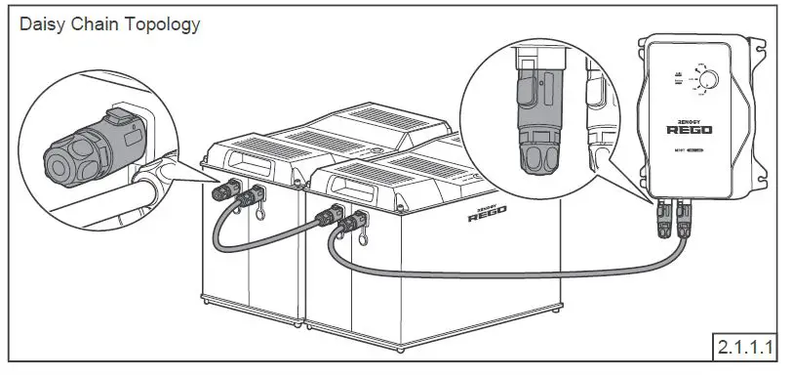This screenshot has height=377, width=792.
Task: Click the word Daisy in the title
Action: (45, 23)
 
